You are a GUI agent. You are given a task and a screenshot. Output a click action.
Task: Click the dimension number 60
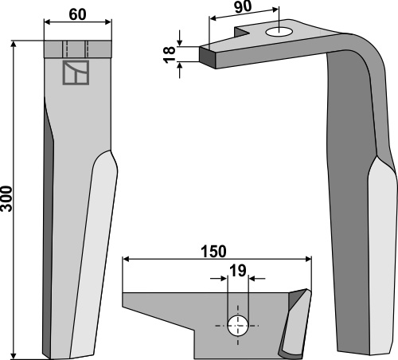77,14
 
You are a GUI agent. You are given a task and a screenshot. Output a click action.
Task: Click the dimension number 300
6,199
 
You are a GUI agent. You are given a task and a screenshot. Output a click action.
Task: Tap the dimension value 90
243,7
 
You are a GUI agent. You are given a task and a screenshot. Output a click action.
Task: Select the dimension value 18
169,54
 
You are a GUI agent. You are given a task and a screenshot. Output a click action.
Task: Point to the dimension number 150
214,252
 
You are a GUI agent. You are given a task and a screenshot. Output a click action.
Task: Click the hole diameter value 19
238,271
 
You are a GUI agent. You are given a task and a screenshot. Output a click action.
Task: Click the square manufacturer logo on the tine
76,72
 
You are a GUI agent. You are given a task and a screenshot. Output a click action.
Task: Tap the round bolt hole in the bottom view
238,326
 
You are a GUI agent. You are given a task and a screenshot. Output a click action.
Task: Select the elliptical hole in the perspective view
279,33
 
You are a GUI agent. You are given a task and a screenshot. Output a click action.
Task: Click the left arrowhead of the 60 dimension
47,22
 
